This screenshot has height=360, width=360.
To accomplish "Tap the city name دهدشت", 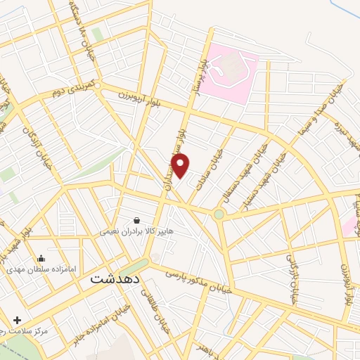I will (115, 278).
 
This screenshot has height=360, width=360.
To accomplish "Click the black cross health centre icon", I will (17, 320).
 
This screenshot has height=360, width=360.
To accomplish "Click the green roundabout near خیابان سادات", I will (219, 213).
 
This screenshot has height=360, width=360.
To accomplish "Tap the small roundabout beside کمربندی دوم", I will (100, 86).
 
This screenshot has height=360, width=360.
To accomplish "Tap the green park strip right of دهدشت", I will (134, 266).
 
